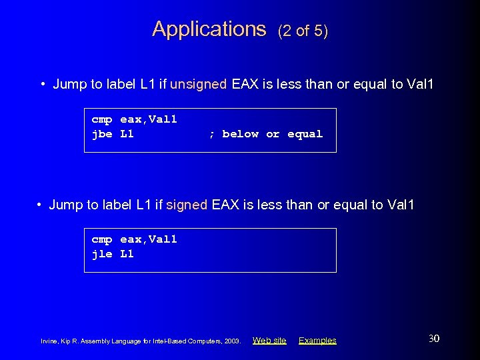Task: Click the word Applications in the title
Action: (x=209, y=29)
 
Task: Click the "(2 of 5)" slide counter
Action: (x=303, y=31)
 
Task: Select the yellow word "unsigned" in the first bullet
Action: (x=199, y=84)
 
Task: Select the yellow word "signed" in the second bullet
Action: (x=187, y=205)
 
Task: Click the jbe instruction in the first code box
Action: (x=102, y=134)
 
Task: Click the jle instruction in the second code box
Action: (x=102, y=254)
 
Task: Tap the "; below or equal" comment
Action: (x=265, y=134)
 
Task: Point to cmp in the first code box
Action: (x=102, y=120)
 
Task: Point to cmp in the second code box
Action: (x=102, y=240)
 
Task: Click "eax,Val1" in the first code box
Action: (x=149, y=120)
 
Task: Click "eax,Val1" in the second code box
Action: (x=149, y=240)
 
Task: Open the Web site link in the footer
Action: (x=269, y=341)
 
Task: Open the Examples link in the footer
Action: (x=317, y=341)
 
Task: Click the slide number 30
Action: (x=433, y=339)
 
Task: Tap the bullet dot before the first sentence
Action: (x=43, y=85)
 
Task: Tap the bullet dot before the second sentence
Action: (x=40, y=205)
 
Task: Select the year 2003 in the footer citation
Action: (x=233, y=341)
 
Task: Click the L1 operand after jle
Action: (x=127, y=254)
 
